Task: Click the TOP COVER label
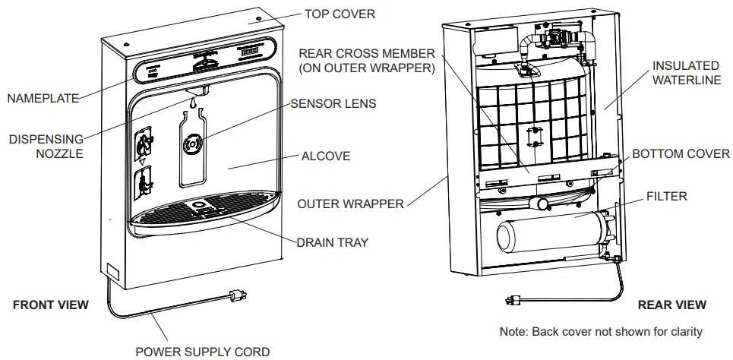coord(340,14)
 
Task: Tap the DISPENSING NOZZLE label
coord(46,147)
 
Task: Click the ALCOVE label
coord(326,156)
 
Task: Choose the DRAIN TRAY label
coord(332,242)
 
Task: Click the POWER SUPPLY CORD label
coord(202,351)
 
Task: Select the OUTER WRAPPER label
coord(350,204)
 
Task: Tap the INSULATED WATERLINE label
coord(686,74)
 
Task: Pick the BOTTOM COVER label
coord(681,153)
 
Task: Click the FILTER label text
coord(666,196)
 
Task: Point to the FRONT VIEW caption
coord(51,305)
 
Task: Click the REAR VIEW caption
coord(671,305)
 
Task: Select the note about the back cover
coord(600,331)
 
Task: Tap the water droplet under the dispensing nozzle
coord(194,102)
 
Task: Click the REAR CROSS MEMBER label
coord(366,61)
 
